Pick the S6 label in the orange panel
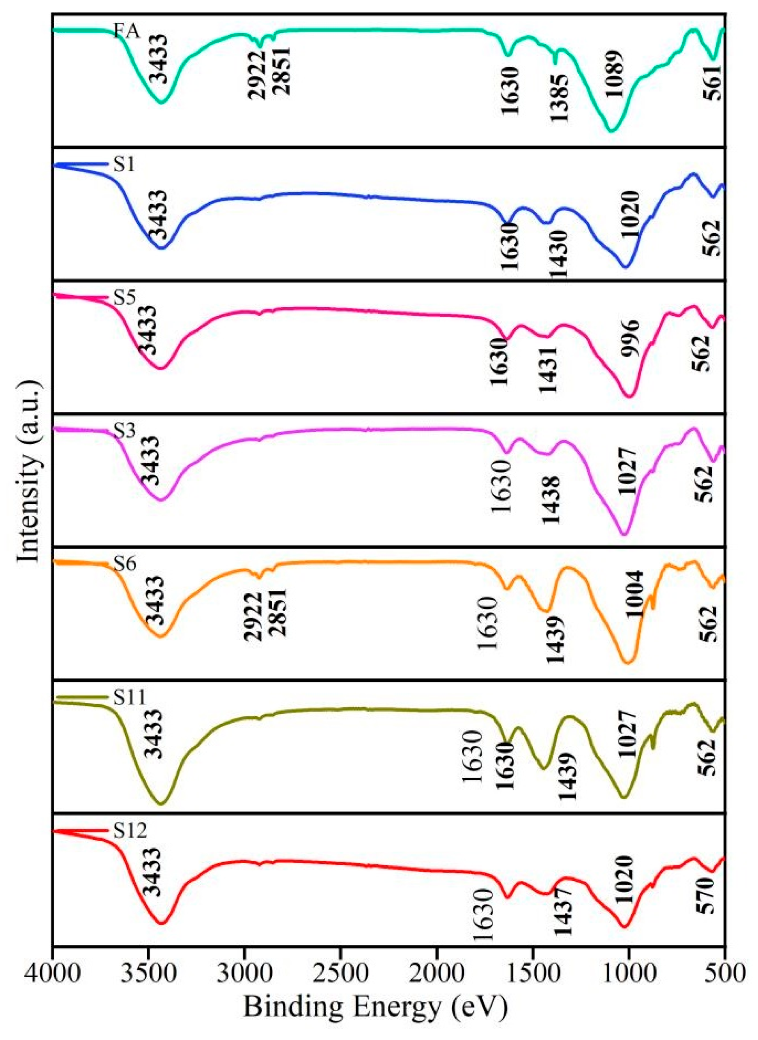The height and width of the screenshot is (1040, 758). tap(125, 565)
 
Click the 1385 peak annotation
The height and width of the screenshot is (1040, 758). tap(560, 98)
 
